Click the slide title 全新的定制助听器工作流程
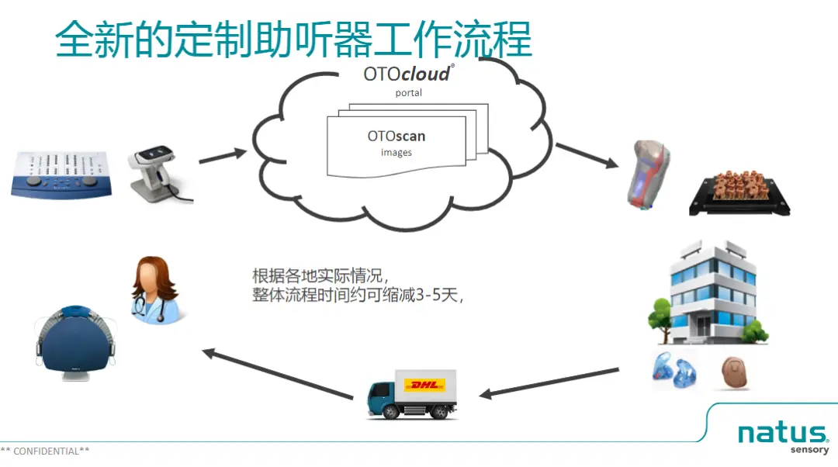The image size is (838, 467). point(293,39)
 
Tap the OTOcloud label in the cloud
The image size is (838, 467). point(407,74)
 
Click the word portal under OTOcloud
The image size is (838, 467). point(408,93)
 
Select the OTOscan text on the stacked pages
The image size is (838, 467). point(396,137)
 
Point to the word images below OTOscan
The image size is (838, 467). point(396,153)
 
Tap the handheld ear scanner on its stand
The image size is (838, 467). point(159,172)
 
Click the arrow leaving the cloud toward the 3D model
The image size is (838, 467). point(586,154)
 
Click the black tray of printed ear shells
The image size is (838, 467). point(728,193)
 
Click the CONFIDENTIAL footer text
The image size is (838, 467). point(45,451)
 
